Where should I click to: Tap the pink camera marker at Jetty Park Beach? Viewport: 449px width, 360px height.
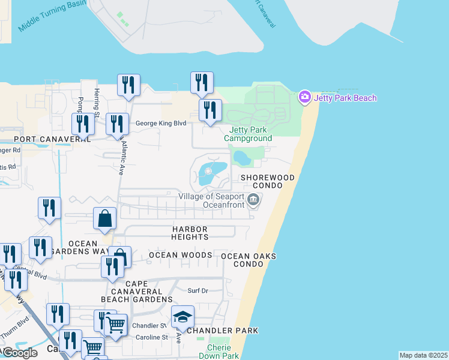coord(304,97)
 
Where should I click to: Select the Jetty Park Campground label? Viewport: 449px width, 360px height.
coord(248,134)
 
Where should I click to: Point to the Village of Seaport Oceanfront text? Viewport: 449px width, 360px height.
coord(211,200)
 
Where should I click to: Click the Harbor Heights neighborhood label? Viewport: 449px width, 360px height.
coord(190,233)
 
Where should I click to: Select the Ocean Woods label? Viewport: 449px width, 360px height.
coord(180,255)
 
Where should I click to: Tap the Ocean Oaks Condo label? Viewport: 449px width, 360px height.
coord(249,260)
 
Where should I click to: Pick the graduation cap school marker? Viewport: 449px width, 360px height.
coord(182,317)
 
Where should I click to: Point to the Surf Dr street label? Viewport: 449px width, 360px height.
coord(197,290)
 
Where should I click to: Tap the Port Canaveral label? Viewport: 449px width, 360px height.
coord(44,139)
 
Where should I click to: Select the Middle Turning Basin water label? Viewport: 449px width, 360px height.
coord(52,16)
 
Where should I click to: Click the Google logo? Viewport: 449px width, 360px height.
coord(19,353)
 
